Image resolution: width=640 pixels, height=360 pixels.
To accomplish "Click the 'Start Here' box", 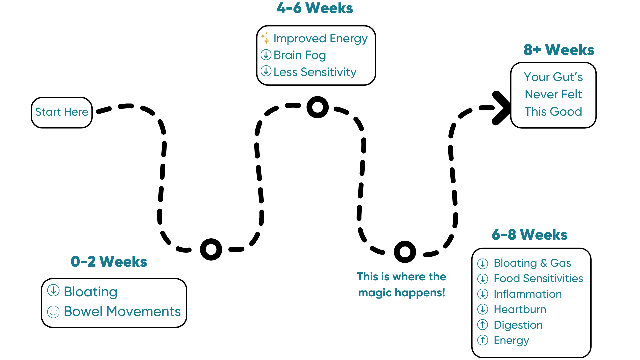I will click(62, 112).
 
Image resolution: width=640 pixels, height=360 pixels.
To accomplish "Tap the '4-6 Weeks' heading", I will click(315, 8).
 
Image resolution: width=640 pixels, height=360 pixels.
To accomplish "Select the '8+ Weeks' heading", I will click(559, 50).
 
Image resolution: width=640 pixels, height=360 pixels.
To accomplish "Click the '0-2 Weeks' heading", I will click(109, 262).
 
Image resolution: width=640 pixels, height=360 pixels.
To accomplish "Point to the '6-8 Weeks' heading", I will click(529, 235).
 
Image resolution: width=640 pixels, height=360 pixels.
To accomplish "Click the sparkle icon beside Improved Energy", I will click(265, 38).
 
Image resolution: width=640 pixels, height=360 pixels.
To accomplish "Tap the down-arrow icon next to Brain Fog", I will click(266, 55).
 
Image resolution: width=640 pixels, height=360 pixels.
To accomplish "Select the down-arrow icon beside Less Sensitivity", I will click(266, 71).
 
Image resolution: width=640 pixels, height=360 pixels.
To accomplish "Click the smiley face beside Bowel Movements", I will click(53, 312).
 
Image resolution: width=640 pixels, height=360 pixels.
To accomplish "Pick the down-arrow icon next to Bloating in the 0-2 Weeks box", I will click(53, 290).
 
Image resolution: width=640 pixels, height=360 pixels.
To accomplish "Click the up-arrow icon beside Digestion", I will click(483, 324).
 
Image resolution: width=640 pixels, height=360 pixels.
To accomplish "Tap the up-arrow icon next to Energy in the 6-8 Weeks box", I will click(483, 340).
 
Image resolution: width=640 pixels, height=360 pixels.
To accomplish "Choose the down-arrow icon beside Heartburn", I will click(483, 309).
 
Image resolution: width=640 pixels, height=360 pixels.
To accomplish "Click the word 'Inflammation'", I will click(528, 294).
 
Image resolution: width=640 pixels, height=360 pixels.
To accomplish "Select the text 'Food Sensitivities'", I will click(538, 278).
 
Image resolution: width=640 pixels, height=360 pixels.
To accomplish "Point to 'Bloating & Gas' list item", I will click(532, 263).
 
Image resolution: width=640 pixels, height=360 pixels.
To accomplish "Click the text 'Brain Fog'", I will click(300, 55).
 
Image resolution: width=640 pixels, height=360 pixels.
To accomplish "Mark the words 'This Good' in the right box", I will click(553, 112).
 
